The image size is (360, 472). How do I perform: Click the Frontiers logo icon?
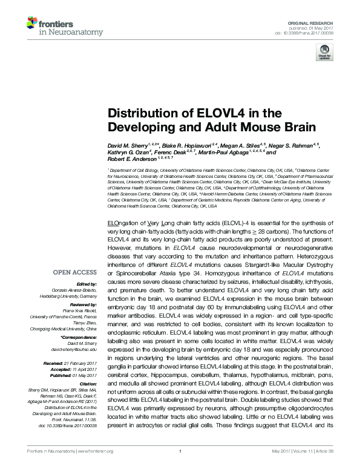(x=31, y=24)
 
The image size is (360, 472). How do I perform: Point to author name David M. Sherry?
(x=125, y=147)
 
